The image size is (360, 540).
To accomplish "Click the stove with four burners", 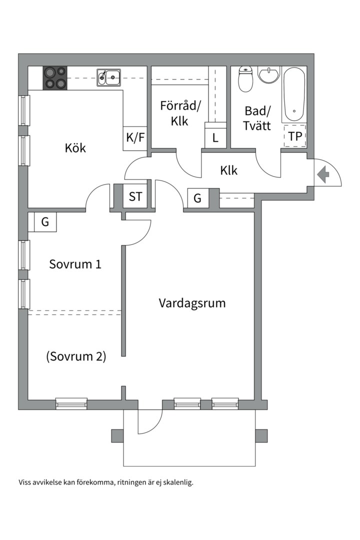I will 55,77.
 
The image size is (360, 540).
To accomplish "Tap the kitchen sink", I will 108,76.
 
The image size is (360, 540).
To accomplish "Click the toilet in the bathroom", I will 245,79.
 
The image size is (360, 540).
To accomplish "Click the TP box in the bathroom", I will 295,136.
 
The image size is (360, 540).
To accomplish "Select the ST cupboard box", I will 135,196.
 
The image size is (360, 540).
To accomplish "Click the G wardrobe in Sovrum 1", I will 45,222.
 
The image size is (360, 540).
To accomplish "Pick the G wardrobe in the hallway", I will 197,198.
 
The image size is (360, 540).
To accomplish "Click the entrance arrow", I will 323,174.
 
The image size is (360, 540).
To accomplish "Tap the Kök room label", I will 75,148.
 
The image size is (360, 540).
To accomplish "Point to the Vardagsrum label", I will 192,303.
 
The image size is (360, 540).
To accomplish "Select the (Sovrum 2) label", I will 76,356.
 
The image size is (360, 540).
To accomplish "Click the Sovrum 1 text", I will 75,264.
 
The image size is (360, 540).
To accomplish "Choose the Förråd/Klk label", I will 180,113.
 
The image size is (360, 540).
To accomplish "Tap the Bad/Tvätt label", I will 257,118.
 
